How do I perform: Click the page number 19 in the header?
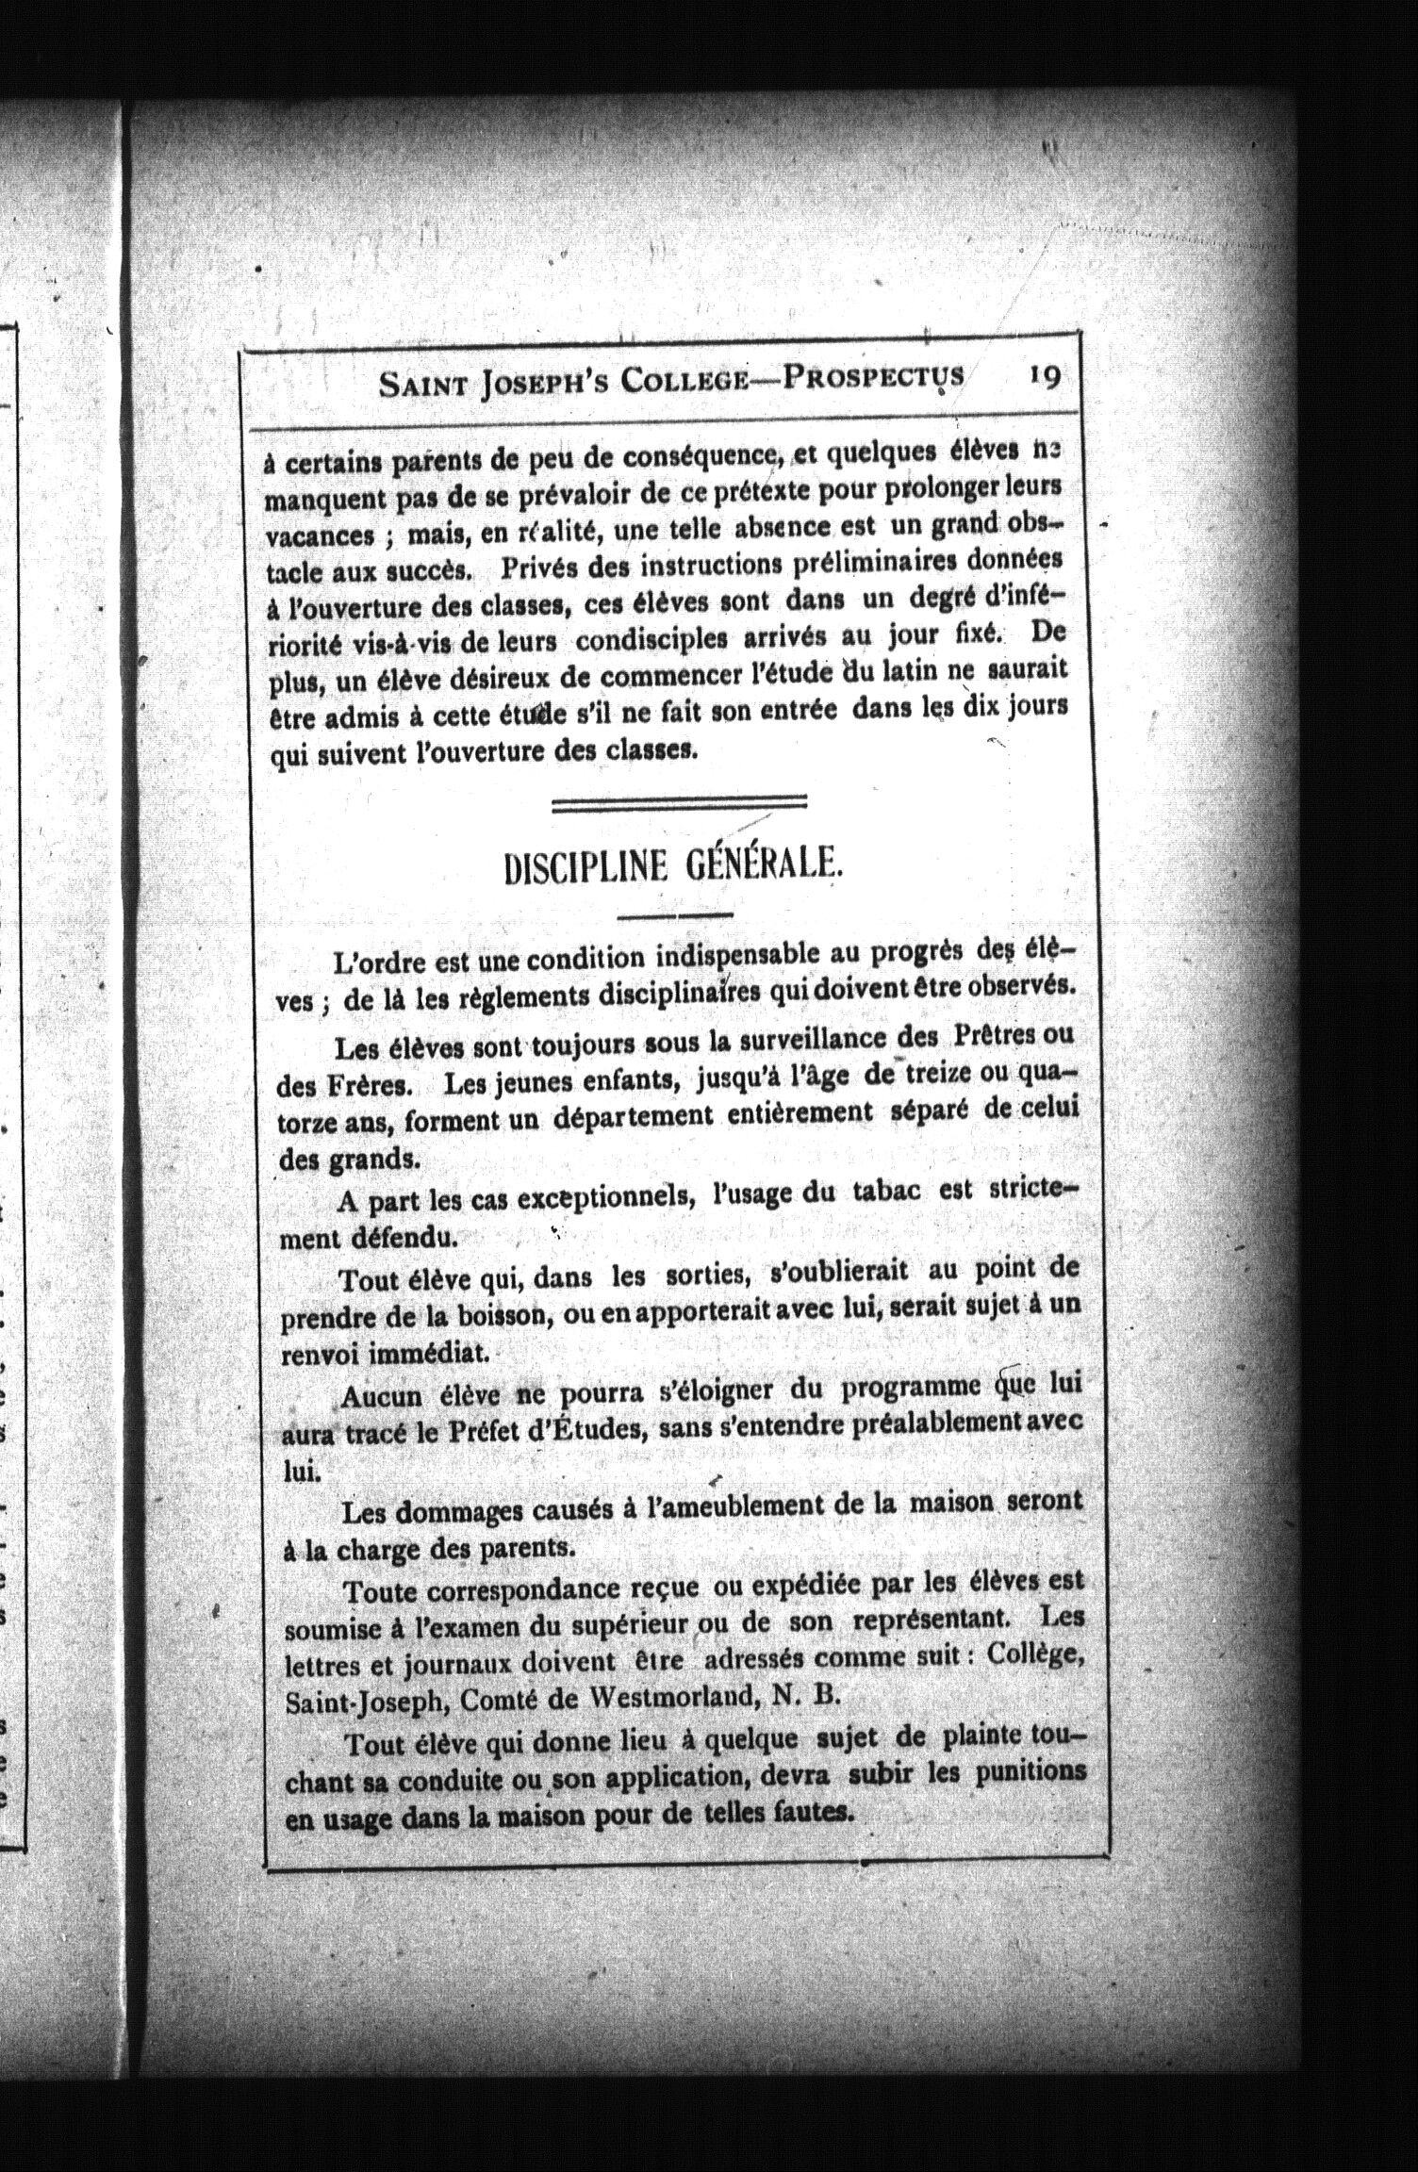pyautogui.click(x=1045, y=376)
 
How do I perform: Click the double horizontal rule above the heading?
pyautogui.click(x=680, y=803)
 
